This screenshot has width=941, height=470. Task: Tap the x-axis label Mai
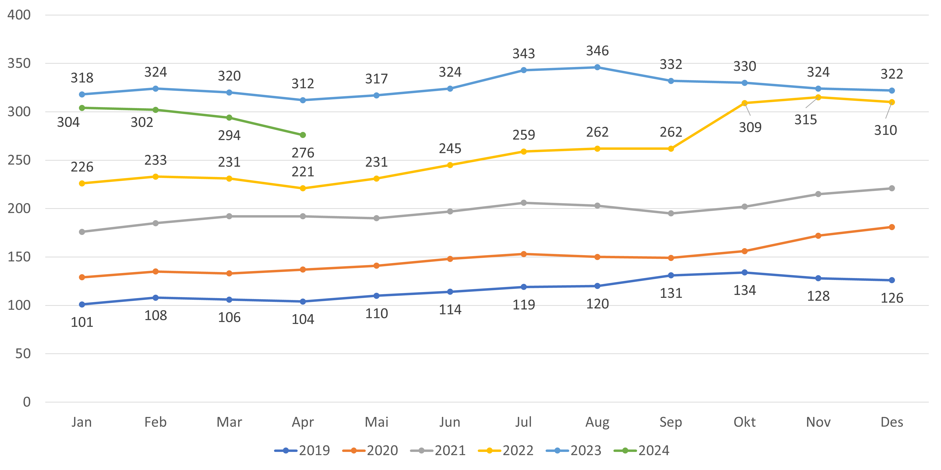(376, 422)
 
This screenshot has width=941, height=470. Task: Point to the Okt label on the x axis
(744, 422)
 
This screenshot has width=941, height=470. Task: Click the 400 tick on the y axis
(19, 15)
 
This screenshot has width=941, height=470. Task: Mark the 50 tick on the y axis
(23, 354)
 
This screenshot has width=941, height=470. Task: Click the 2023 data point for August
(597, 67)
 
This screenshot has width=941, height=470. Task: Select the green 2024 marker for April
(303, 135)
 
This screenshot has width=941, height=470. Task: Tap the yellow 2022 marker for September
(671, 149)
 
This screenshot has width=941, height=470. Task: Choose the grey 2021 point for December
(892, 188)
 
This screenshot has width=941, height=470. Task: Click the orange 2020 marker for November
(818, 236)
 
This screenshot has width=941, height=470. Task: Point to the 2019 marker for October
(744, 272)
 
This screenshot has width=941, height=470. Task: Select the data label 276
(303, 153)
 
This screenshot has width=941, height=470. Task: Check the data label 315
(806, 120)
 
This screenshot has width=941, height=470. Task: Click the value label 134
(744, 291)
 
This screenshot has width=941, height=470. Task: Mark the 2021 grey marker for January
(82, 232)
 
